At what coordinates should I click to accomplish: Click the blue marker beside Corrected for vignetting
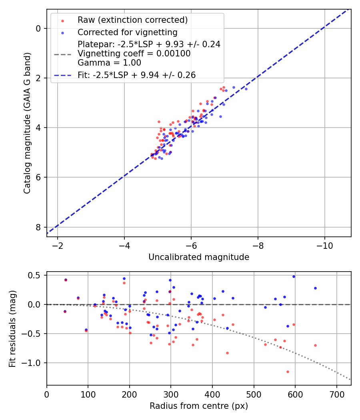point(62,32)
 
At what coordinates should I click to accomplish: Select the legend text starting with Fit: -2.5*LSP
point(136,75)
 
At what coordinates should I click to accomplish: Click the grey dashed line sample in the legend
point(62,54)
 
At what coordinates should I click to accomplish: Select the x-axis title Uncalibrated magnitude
point(199,257)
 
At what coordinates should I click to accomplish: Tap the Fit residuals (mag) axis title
point(12,328)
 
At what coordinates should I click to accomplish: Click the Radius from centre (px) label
point(199,406)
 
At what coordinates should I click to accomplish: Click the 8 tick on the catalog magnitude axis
point(38,227)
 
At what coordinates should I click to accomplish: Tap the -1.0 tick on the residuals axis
point(35,363)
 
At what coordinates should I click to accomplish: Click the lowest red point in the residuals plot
point(288,372)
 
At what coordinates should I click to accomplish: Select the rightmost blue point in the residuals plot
point(315,288)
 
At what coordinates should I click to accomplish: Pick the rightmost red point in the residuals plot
point(315,345)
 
